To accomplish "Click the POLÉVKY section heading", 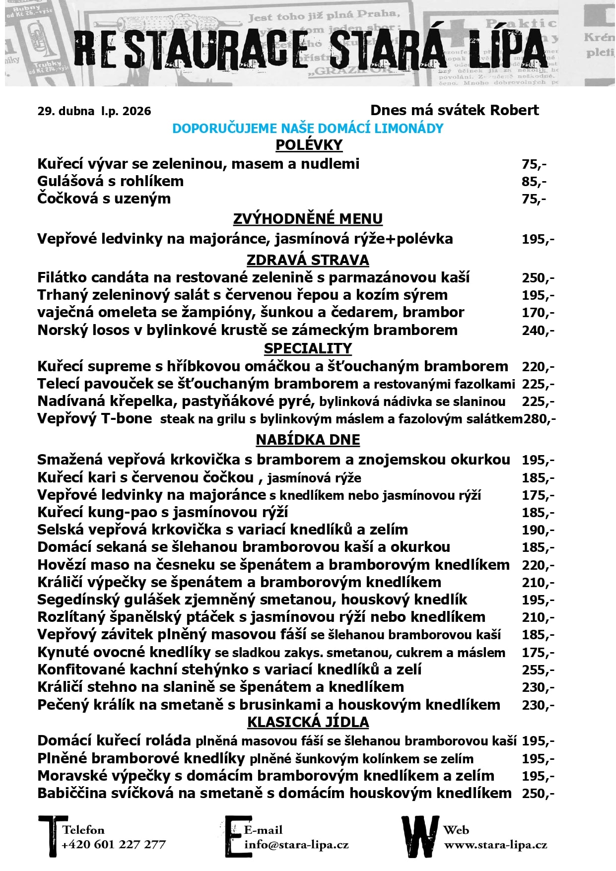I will (309, 145).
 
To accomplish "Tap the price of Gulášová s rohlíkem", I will (534, 182).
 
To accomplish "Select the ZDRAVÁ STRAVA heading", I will (308, 260).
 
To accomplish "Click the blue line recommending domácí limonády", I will (308, 129).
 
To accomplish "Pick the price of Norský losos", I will (538, 331).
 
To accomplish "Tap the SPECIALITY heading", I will (308, 348).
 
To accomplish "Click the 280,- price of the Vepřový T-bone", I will (540, 419).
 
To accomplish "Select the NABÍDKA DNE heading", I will (308, 440).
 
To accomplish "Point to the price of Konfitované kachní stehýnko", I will (538, 670).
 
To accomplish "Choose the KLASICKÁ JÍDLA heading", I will (308, 722).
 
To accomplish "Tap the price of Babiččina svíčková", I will (538, 793).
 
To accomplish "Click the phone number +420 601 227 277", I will (114, 845).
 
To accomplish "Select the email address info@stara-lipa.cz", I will (296, 845).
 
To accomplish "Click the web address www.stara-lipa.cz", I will (495, 845).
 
